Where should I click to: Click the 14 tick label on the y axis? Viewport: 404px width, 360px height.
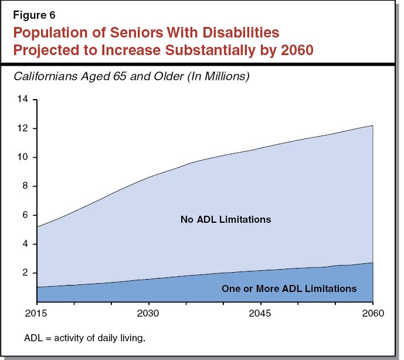pos(23,100)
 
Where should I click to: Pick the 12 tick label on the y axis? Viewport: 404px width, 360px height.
pos(23,128)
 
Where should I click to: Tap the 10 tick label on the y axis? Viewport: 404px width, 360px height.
pos(23,157)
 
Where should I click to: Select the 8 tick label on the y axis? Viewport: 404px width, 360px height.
pos(25,186)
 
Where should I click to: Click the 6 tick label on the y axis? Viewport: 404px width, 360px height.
pos(25,215)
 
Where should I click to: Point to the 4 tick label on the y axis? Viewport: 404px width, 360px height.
pos(25,244)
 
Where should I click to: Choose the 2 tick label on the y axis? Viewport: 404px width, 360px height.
pos(25,273)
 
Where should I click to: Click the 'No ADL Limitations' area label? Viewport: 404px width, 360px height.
pos(226,220)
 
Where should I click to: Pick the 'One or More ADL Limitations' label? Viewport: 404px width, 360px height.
pos(288,288)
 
